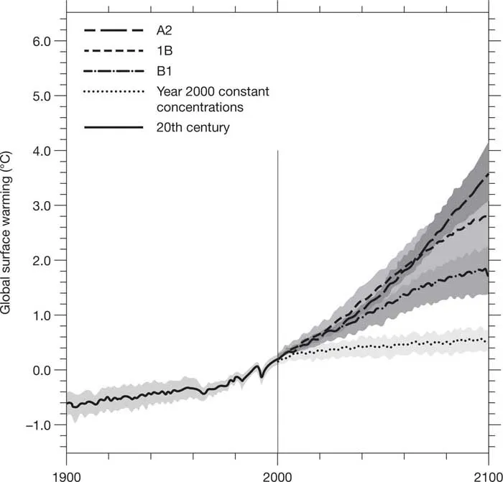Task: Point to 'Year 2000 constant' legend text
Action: tap(206, 91)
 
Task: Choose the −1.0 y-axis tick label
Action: tap(40, 425)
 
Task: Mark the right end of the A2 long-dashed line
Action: tap(489, 173)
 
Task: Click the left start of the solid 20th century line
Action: tap(67, 403)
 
